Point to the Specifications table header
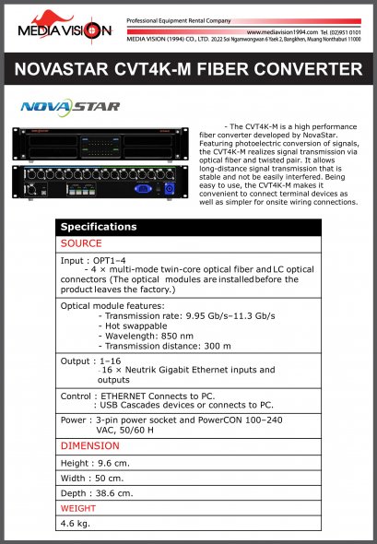tap(99, 227)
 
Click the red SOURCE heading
tap(81, 243)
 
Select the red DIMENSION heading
tap(89, 445)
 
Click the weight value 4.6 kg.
tap(75, 523)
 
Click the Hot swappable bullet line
tap(140, 325)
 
